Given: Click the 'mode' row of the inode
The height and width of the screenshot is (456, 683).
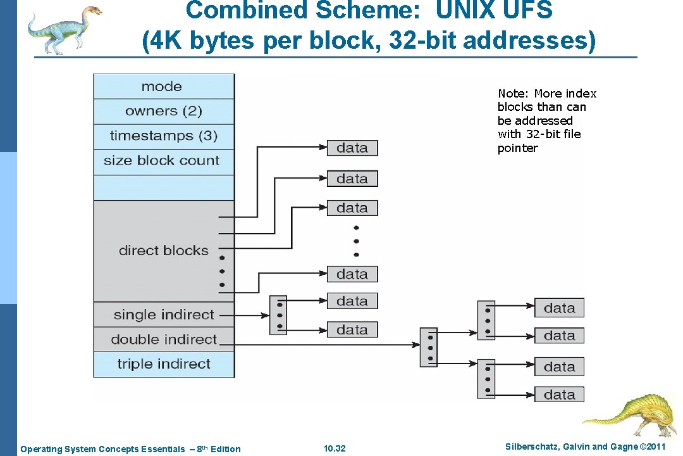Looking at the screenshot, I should [163, 87].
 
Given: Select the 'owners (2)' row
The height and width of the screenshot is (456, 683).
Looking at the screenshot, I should [163, 111].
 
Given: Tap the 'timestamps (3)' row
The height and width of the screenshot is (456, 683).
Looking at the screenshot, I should [163, 136].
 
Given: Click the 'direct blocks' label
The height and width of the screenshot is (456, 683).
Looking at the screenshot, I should [163, 251].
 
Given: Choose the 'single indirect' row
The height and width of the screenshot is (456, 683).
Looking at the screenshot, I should [163, 315].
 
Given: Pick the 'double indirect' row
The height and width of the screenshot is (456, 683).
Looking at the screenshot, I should [163, 339].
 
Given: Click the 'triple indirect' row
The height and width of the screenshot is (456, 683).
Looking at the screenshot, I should [163, 364].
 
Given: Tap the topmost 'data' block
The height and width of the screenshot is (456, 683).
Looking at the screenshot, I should [352, 148].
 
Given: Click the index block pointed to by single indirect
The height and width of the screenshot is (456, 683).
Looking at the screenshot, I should [278, 315].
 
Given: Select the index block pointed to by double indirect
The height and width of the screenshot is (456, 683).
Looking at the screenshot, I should [429, 347].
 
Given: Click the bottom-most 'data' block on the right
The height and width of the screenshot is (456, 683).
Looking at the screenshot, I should [559, 395].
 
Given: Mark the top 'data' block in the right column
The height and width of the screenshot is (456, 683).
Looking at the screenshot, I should [559, 308].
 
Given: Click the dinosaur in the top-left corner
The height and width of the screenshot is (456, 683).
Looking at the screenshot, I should [64, 28].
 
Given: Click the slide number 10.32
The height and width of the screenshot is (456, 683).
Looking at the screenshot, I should [335, 449].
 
